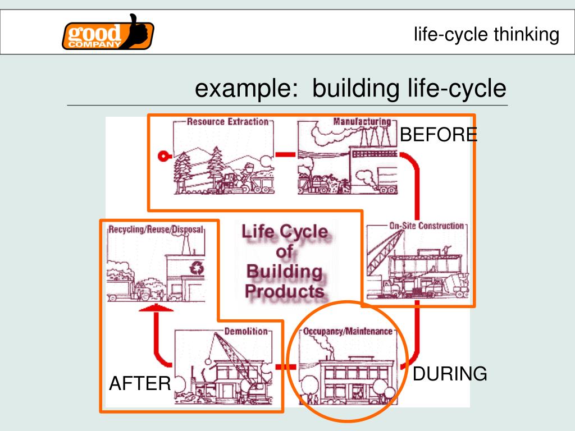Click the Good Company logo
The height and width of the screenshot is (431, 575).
click(107, 33)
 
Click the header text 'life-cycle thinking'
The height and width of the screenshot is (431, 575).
click(486, 35)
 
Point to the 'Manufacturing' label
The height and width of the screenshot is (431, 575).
click(362, 121)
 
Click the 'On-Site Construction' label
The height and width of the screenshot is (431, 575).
click(427, 226)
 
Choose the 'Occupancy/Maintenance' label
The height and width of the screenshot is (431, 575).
click(348, 331)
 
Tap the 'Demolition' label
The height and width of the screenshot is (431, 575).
click(246, 331)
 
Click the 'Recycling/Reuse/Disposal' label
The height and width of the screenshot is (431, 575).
click(156, 230)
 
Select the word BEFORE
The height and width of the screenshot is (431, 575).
click(439, 135)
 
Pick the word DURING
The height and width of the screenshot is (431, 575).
click(450, 374)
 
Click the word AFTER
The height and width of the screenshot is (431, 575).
click(140, 384)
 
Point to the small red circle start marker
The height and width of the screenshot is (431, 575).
click(163, 156)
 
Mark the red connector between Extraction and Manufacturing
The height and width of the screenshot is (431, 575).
click(285, 154)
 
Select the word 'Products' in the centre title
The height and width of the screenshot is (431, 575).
click(285, 291)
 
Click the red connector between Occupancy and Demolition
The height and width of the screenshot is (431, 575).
click(286, 366)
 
